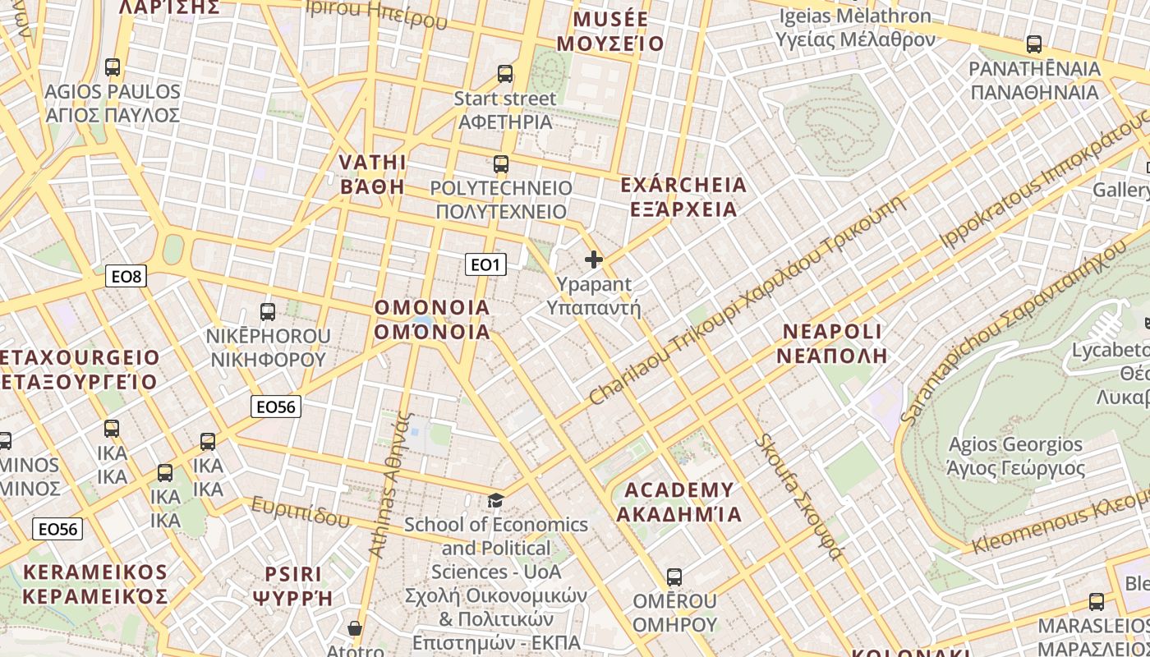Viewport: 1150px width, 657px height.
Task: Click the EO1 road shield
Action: point(485,264)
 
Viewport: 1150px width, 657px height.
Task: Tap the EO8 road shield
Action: point(126,276)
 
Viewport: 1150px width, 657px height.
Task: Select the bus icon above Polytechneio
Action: point(501,163)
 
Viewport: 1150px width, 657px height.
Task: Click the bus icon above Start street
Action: point(505,74)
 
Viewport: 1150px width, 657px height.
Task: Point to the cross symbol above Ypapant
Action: point(593,260)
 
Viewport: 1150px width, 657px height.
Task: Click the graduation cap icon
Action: point(495,500)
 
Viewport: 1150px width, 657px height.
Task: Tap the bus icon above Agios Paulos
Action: point(113,67)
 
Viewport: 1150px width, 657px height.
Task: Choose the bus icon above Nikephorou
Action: point(268,311)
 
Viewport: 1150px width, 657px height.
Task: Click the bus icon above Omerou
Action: point(674,577)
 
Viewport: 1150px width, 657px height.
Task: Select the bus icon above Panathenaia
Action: point(1034,44)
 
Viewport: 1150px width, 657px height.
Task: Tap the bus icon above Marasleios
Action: point(1096,601)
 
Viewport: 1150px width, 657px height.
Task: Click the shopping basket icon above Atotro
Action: point(355,628)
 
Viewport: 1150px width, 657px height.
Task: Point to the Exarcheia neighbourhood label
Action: point(683,196)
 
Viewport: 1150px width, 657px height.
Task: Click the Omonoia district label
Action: point(432,319)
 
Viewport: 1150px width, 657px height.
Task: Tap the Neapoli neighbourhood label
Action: point(833,343)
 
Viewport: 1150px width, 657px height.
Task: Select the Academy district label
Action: point(678,502)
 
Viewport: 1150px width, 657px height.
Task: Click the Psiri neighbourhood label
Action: point(293,585)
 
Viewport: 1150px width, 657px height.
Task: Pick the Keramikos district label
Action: point(95,584)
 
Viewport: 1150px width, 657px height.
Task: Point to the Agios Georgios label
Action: point(1016,457)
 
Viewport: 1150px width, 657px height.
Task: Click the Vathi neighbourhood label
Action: point(372,173)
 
